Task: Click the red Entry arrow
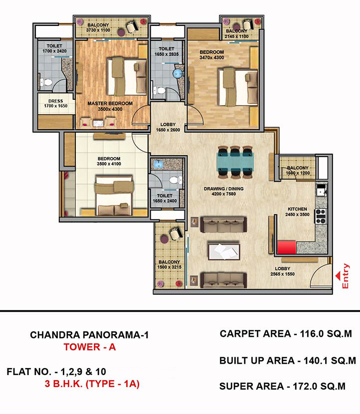coord(339,276)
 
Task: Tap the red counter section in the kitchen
coord(287,247)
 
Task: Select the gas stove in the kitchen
coord(321,216)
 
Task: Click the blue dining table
coord(235,162)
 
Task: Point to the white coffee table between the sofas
coord(224,251)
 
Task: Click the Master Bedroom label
coord(110,103)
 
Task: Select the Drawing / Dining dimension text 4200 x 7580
coord(223,194)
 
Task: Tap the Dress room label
coord(56,101)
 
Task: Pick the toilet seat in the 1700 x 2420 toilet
coord(46,82)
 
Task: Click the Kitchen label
coord(297,209)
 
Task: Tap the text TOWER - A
coord(90,347)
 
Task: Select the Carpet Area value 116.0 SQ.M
coord(326,334)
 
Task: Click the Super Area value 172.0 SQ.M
coord(319,386)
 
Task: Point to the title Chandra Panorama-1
coord(89,335)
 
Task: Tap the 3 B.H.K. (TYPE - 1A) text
coord(92,384)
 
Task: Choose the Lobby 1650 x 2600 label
coord(168,127)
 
